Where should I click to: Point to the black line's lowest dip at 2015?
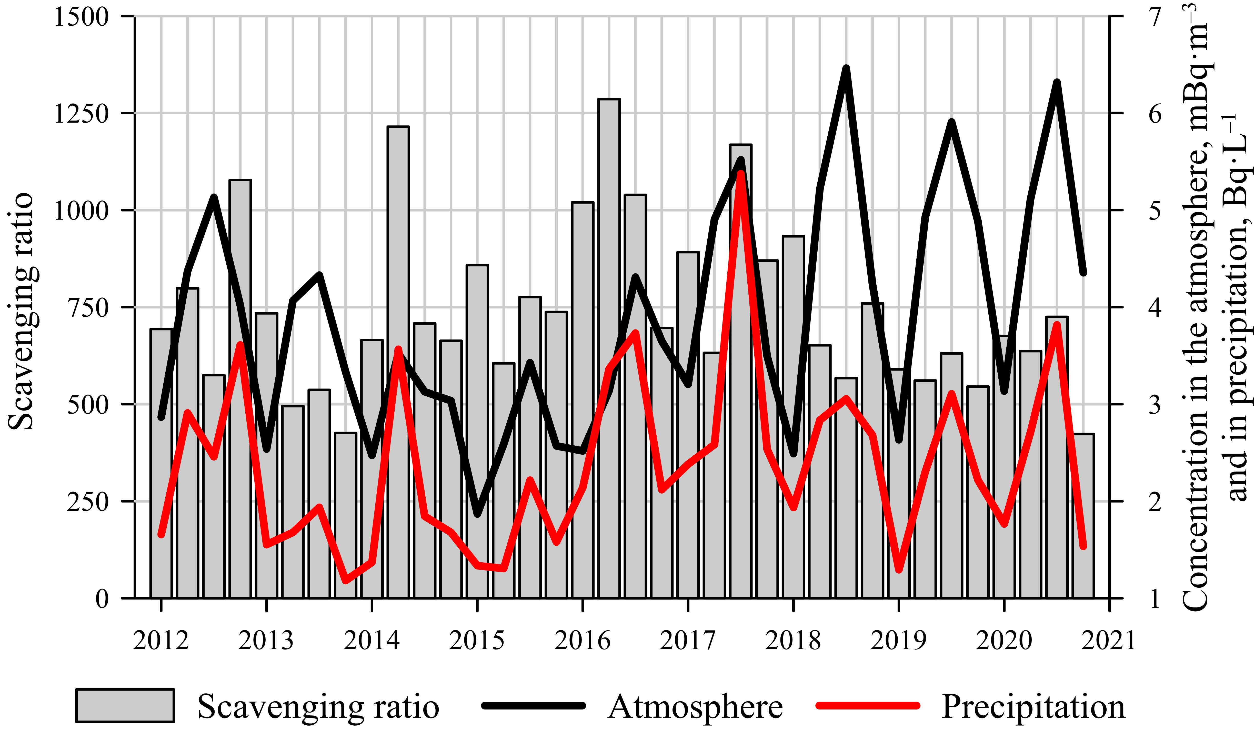pos(477,514)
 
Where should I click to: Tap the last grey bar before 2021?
pos(1083,515)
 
